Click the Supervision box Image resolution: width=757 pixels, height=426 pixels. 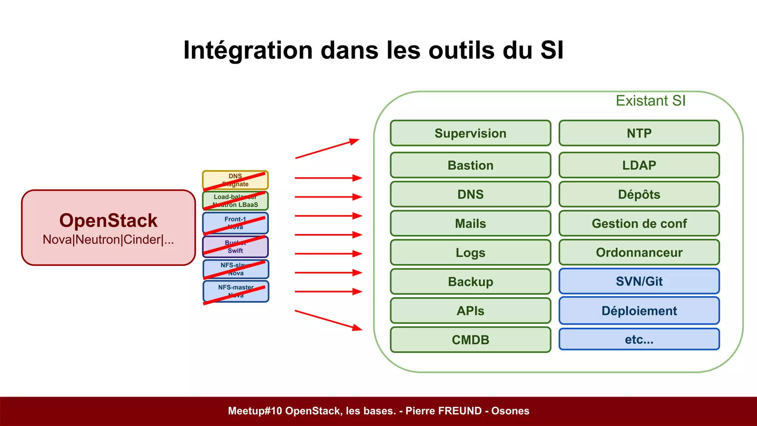tap(470, 133)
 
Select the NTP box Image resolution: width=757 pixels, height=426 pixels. tap(639, 133)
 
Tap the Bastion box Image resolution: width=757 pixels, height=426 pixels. tap(470, 165)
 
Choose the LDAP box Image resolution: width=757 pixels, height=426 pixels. tap(639, 165)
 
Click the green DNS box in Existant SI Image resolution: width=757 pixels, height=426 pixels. tap(470, 194)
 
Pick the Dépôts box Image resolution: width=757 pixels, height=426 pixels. tap(639, 194)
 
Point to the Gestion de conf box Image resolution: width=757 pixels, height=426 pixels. tap(639, 223)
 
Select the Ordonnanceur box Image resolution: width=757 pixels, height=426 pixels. tap(639, 252)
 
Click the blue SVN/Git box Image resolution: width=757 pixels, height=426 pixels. tap(639, 281)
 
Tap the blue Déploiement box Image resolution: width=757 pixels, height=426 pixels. tap(639, 311)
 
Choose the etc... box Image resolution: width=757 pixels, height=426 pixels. tap(639, 339)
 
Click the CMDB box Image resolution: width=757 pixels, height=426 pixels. tap(470, 339)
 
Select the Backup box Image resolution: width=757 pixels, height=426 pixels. tap(470, 281)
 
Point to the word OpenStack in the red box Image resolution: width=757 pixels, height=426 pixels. tap(108, 220)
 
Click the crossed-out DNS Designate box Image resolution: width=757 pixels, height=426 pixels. tap(235, 180)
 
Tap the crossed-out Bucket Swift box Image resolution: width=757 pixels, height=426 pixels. tap(235, 247)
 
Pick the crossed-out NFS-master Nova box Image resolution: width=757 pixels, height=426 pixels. tap(236, 291)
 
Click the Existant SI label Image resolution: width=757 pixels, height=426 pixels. tap(651, 101)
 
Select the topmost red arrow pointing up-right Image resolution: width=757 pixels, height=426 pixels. tap(327, 149)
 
